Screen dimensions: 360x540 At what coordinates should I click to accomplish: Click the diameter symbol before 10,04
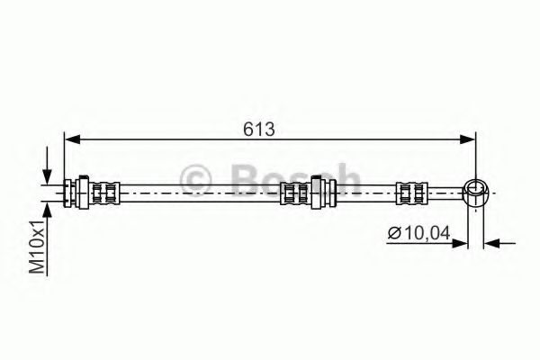click(394, 233)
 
